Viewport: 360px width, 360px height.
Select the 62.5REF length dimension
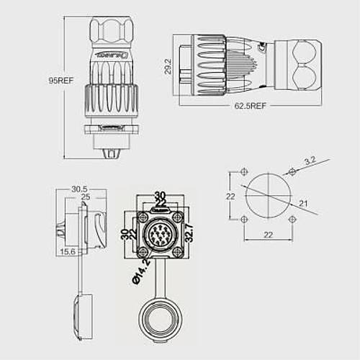click(x=250, y=106)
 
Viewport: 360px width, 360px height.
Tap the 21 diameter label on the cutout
click(x=303, y=204)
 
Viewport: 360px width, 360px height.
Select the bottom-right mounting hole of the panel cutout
click(x=292, y=220)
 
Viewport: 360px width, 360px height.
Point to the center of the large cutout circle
click(x=267, y=197)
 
